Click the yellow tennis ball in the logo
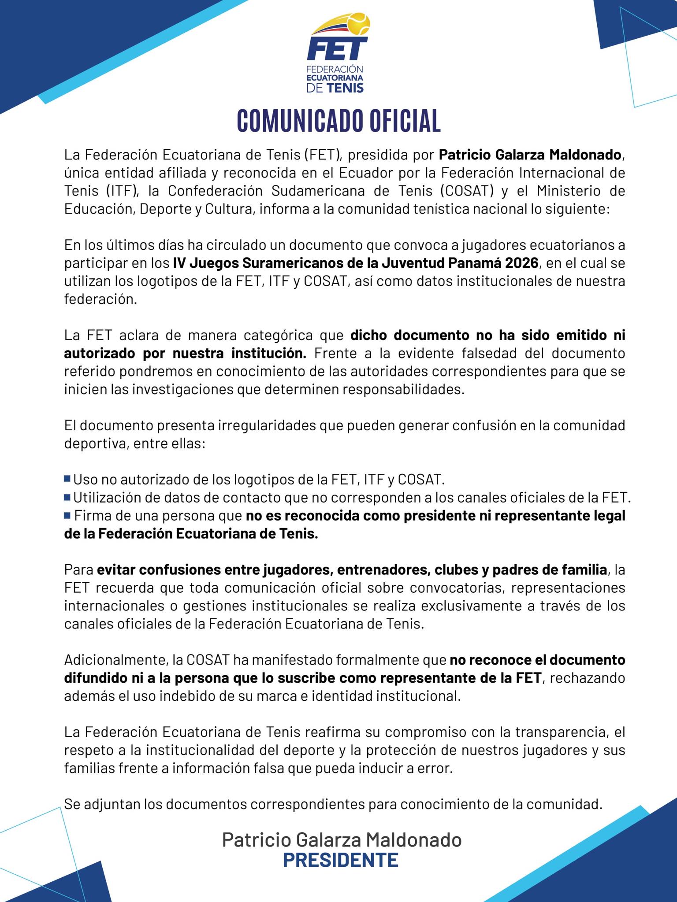pyautogui.click(x=358, y=24)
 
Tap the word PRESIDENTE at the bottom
pyautogui.click(x=340, y=859)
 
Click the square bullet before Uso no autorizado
pyautogui.click(x=67, y=478)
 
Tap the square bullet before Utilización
pyautogui.click(x=67, y=497)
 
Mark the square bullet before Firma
pyautogui.click(x=67, y=515)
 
